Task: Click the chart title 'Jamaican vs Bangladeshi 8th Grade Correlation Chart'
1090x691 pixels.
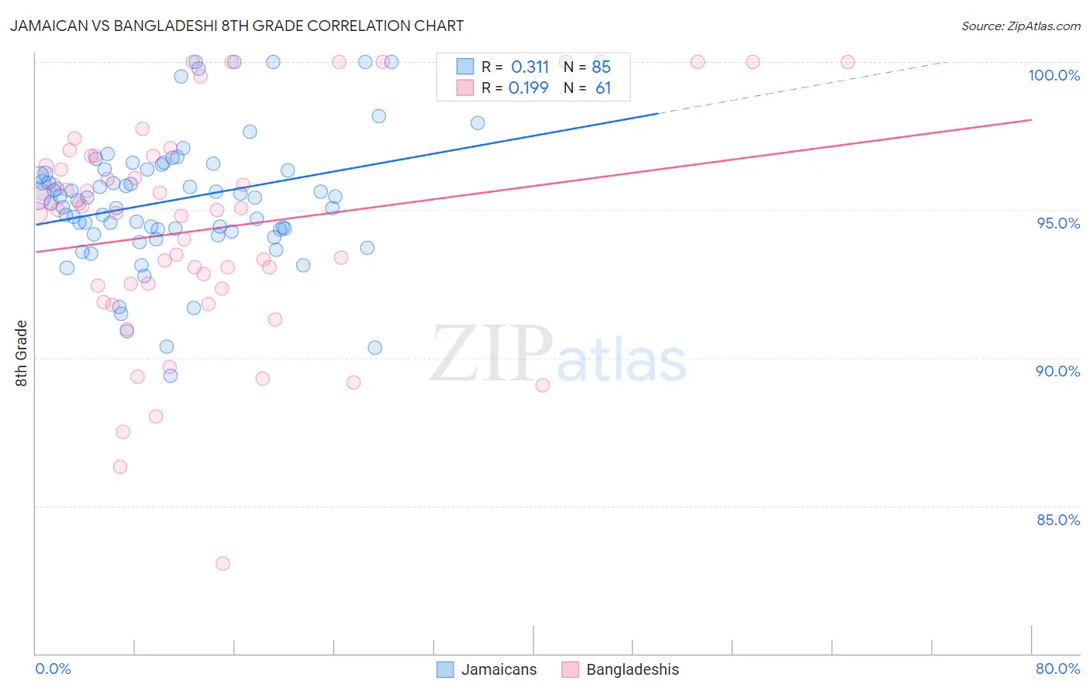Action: (x=237, y=26)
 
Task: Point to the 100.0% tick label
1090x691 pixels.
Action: (x=1054, y=75)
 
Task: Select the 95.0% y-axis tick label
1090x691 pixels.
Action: (x=1058, y=223)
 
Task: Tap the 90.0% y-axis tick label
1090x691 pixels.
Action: (x=1057, y=371)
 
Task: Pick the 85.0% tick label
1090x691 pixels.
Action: (x=1058, y=520)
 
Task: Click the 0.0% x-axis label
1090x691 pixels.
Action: (x=53, y=669)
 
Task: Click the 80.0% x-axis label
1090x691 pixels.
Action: (x=1057, y=669)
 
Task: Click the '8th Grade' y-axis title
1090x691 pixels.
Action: (x=21, y=353)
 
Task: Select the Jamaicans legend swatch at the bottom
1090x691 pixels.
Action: (x=445, y=669)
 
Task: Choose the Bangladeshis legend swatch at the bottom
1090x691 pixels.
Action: (x=571, y=669)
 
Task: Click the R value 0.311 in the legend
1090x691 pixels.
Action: (x=529, y=67)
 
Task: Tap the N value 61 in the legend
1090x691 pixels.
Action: (x=603, y=88)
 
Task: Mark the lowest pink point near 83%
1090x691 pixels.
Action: (x=222, y=563)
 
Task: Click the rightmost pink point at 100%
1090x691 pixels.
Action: (x=847, y=62)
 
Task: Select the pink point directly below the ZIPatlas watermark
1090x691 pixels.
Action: (x=543, y=385)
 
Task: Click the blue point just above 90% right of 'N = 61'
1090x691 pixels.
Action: (x=374, y=348)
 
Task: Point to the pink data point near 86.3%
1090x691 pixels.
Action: (x=120, y=466)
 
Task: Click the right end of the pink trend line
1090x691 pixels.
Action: (x=1031, y=119)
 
